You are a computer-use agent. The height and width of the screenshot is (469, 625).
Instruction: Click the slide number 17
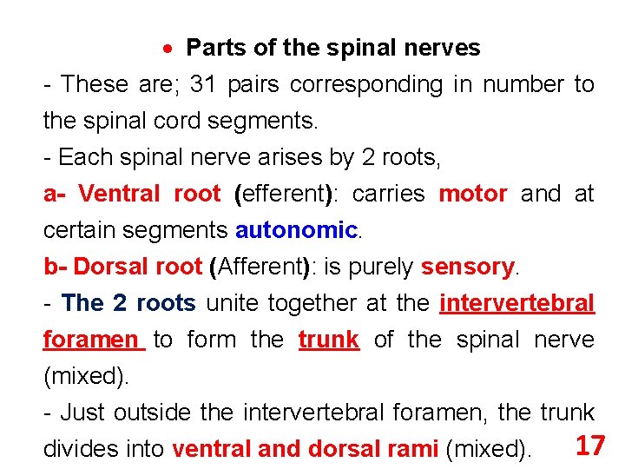pos(590,446)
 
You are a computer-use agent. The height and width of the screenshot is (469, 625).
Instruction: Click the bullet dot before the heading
pos(172,49)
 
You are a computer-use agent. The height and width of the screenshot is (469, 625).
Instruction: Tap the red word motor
pos(473,194)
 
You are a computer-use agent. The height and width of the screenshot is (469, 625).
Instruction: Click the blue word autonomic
pos(296,230)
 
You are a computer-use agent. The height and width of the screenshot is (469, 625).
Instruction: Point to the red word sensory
pos(468,267)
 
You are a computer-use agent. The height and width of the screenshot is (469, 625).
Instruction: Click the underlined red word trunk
pos(328,340)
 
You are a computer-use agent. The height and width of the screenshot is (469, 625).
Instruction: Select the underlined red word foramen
pos(91,340)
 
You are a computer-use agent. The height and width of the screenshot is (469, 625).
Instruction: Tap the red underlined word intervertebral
pos(517,303)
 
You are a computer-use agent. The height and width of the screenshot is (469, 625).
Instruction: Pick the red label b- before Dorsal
pos(56,267)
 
